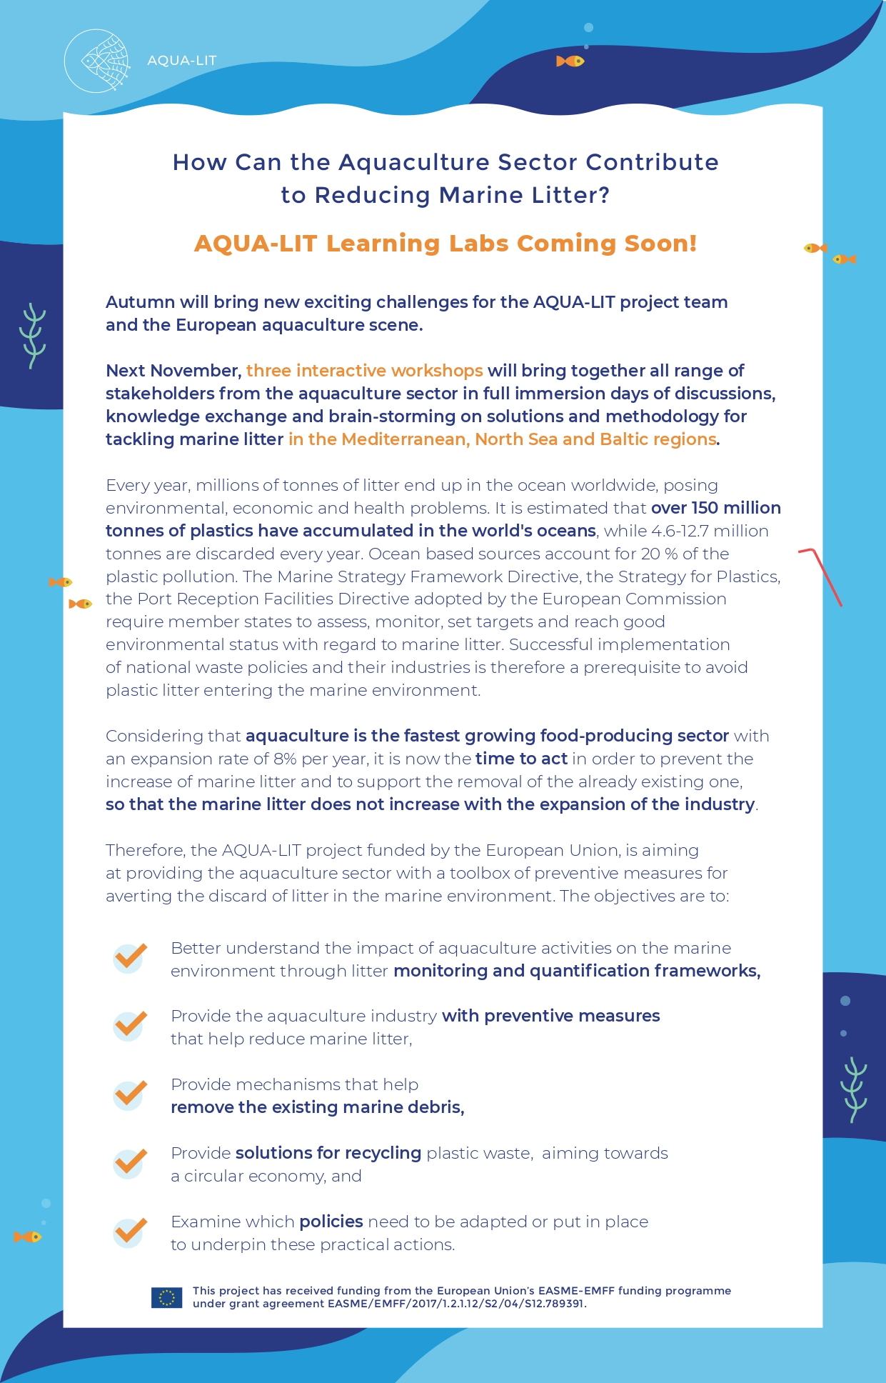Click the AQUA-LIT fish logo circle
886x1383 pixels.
(97, 61)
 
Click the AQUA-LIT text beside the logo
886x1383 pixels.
(181, 61)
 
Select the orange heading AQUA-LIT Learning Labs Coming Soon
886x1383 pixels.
(445, 244)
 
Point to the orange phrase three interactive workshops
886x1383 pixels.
(364, 371)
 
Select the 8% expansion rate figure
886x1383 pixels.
(285, 759)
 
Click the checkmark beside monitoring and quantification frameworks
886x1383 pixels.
(130, 957)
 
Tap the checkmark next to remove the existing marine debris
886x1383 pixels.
(130, 1094)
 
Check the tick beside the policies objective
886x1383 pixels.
(130, 1232)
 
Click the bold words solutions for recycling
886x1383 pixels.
(328, 1153)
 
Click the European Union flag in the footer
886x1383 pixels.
(166, 1297)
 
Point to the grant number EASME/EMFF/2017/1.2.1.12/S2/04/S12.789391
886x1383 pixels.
(456, 1304)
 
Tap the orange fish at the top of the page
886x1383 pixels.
(570, 61)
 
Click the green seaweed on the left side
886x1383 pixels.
(33, 335)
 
